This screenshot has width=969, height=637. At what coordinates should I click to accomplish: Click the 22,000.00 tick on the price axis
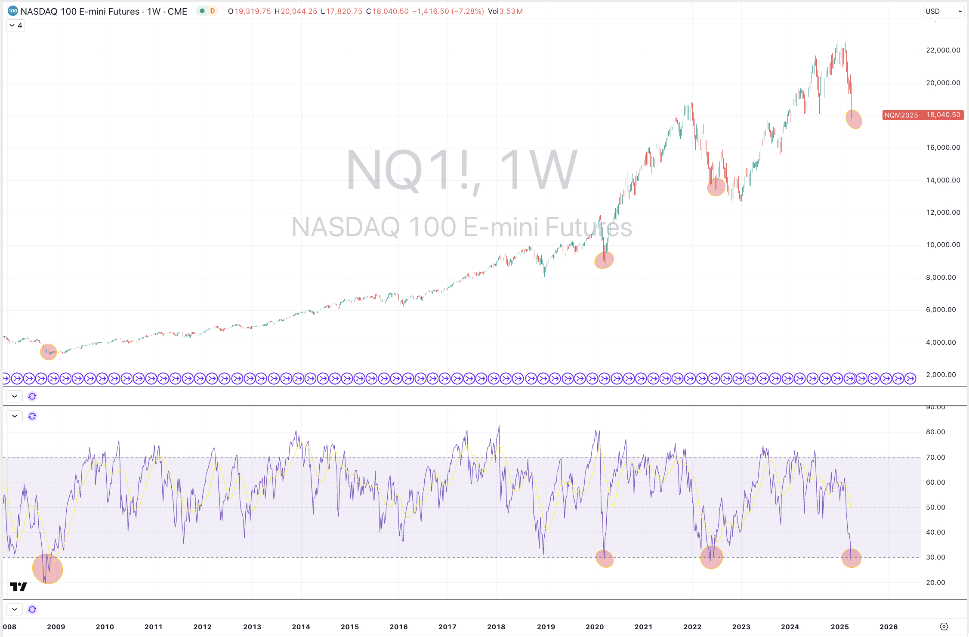(x=943, y=50)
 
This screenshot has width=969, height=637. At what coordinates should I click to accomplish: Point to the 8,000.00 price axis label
(x=941, y=278)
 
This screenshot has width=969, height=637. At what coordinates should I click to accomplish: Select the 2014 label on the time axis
(x=301, y=627)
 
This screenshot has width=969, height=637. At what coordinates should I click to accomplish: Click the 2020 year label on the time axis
(x=594, y=627)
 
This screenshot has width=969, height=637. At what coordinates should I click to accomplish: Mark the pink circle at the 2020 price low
(x=604, y=260)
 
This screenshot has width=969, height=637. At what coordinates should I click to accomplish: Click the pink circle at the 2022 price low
(x=716, y=187)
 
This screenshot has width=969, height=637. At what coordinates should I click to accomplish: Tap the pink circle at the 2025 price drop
(x=854, y=119)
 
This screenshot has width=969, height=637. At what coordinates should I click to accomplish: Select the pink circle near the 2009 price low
(x=49, y=352)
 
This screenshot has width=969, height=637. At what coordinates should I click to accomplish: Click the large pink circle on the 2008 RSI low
(x=47, y=569)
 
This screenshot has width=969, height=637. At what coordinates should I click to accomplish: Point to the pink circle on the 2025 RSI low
(x=851, y=558)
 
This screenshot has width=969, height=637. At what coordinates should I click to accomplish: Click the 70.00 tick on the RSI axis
(x=935, y=458)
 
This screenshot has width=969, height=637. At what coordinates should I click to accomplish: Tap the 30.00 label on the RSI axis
(x=935, y=557)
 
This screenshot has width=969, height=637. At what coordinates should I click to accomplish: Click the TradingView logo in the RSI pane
(x=19, y=587)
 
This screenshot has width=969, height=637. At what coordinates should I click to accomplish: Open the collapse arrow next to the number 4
(x=12, y=26)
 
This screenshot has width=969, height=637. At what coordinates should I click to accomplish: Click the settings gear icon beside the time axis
(x=944, y=627)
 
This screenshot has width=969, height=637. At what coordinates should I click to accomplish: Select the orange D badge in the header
(x=212, y=11)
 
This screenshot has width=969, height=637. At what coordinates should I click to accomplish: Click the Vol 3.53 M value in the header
(x=505, y=11)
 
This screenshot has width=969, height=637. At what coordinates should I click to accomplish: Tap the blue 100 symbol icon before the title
(x=13, y=11)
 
